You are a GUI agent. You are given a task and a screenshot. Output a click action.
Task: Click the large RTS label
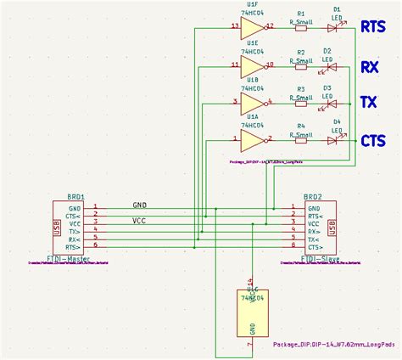coord(374,27)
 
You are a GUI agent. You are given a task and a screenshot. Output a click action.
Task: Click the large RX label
coord(370,65)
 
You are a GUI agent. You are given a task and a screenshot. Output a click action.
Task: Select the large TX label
coord(370,102)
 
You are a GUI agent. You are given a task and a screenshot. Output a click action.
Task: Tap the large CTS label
coord(374,141)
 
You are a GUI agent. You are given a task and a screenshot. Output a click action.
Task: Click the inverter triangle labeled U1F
coord(251,27)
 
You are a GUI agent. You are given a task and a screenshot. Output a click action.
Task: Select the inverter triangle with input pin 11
coord(251,65)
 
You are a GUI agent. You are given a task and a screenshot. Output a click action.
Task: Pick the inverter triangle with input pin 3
coord(251,102)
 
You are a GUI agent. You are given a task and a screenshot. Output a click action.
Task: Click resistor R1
coord(301,27)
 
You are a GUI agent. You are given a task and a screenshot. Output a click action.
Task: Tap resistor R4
coord(301,138)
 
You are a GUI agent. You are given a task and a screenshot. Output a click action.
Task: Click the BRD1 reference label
coord(75,195)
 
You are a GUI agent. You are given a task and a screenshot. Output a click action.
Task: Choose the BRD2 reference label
coord(313,195)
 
